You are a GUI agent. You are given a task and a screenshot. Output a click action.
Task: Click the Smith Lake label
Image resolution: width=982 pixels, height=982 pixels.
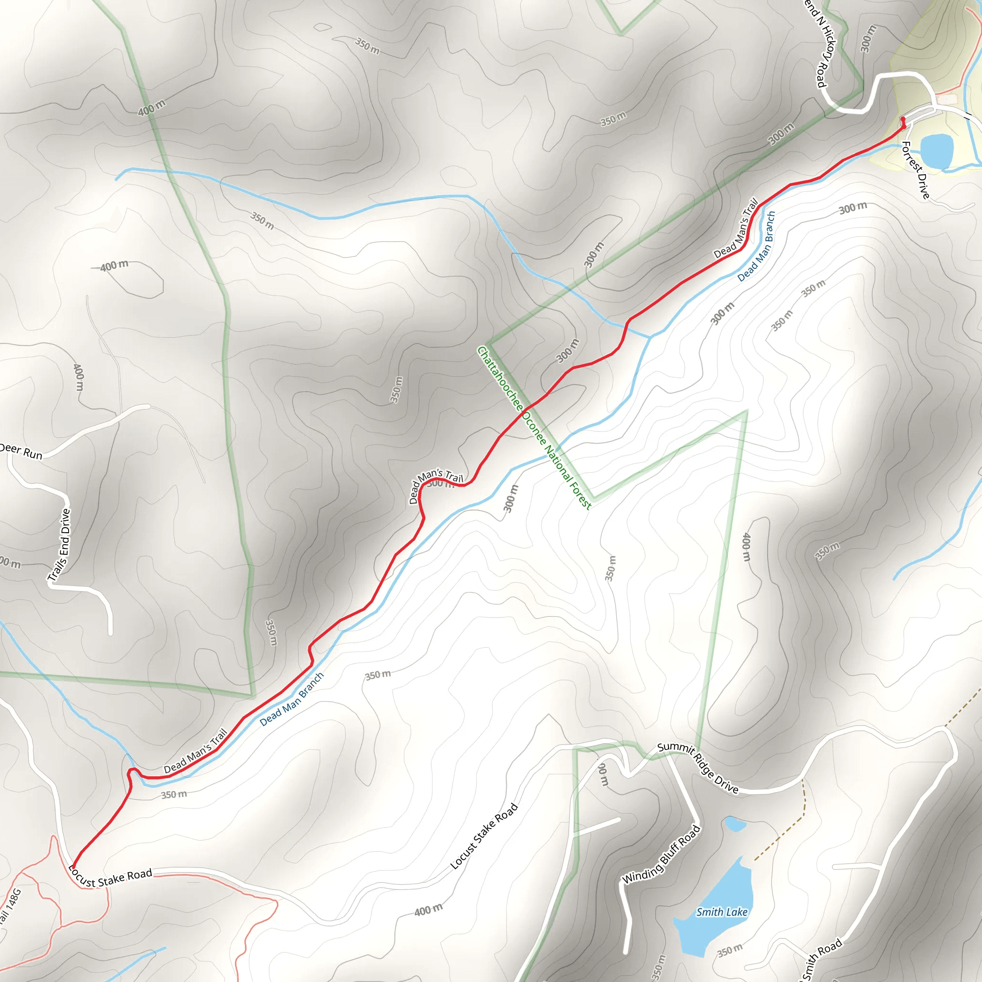pyautogui.click(x=722, y=912)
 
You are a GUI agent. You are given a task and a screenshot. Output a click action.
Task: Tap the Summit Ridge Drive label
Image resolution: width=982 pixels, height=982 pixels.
pyautogui.click(x=697, y=768)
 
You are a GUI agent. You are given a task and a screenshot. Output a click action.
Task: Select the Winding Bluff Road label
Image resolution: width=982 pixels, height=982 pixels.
pyautogui.click(x=661, y=854)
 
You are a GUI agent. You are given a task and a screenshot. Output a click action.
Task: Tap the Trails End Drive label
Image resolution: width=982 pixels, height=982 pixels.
pyautogui.click(x=59, y=544)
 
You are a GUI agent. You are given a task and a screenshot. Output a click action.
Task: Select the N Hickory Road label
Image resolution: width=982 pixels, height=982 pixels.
pyautogui.click(x=820, y=43)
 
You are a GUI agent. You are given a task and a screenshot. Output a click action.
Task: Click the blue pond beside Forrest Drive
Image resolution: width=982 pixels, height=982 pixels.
pyautogui.click(x=936, y=151)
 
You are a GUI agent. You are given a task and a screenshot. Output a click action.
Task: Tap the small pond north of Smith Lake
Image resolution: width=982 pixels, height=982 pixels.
pyautogui.click(x=735, y=823)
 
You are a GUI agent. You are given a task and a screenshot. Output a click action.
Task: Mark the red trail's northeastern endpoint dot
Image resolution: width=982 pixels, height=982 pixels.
pyautogui.click(x=903, y=119)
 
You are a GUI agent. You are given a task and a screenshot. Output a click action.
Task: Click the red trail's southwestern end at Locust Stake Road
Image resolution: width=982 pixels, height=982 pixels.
pyautogui.click(x=74, y=866)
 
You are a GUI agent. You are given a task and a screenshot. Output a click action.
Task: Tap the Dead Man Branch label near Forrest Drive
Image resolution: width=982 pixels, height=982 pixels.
pyautogui.click(x=757, y=246)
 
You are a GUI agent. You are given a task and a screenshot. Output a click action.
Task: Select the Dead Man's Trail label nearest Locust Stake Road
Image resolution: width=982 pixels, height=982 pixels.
pyautogui.click(x=195, y=751)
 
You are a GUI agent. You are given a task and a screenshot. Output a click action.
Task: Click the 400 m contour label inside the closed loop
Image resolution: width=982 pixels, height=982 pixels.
pyautogui.click(x=115, y=266)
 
